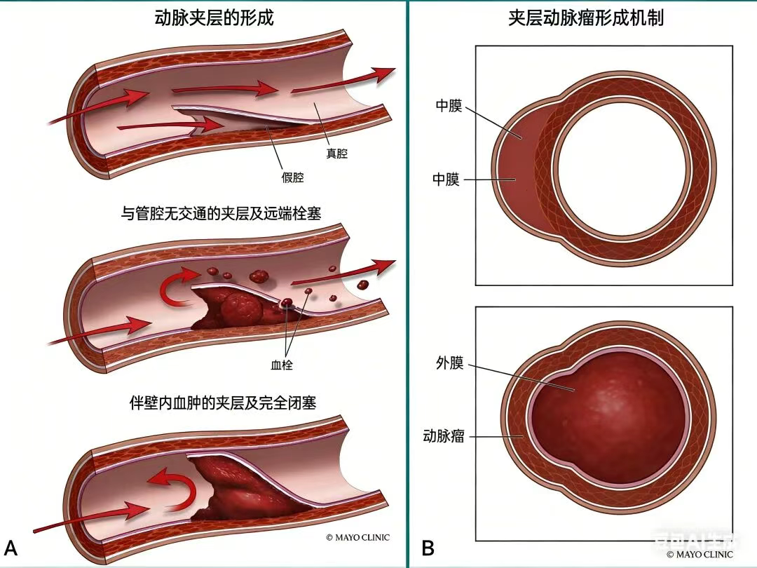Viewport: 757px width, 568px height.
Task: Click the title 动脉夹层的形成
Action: tap(214, 18)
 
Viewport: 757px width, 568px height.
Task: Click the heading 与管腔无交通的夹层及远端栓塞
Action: tap(221, 214)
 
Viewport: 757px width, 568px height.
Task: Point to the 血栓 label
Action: tap(282, 365)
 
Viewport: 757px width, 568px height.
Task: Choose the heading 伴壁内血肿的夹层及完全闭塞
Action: tap(223, 403)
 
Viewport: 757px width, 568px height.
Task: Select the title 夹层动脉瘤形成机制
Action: tap(586, 18)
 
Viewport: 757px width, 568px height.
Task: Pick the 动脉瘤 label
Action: tap(444, 435)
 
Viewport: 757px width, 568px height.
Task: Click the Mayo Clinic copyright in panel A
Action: tap(357, 538)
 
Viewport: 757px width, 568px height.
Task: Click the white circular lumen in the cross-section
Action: tap(618, 165)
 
